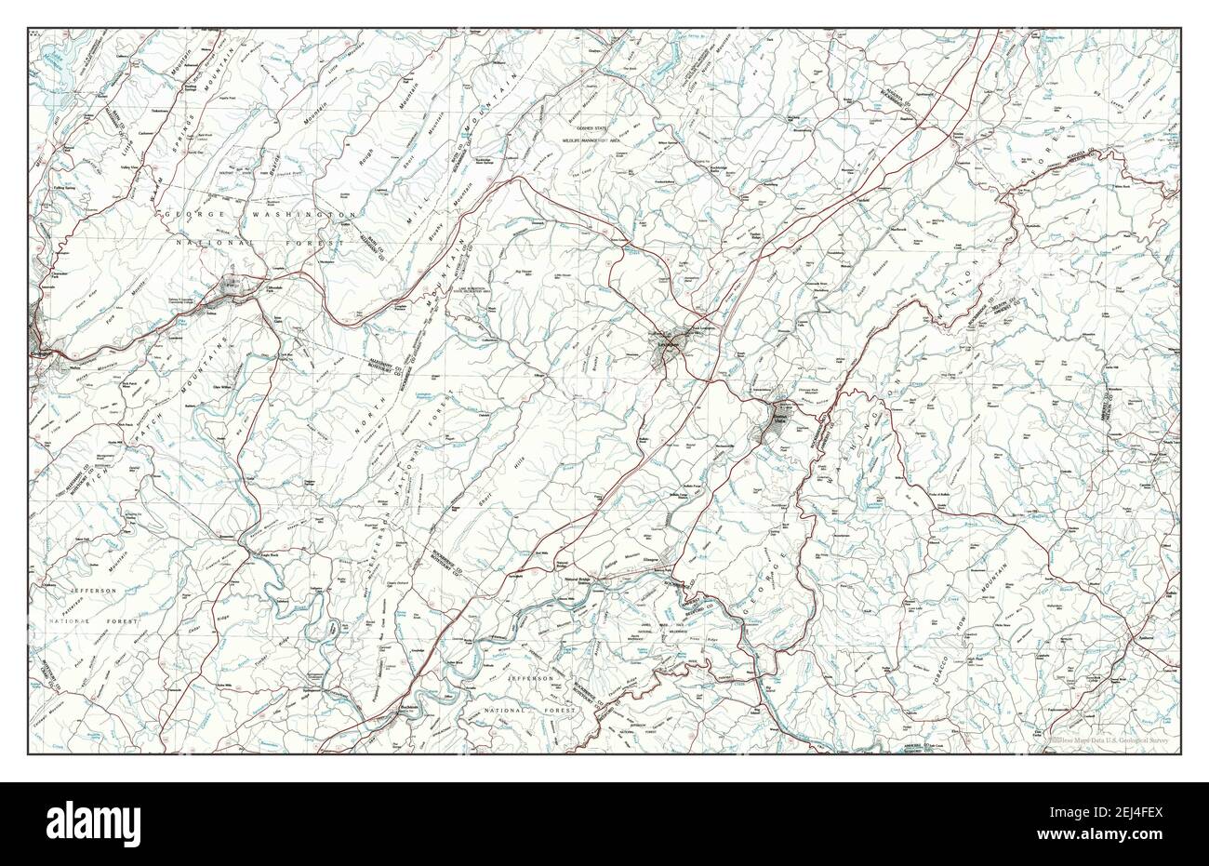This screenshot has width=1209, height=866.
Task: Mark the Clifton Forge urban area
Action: point(232,289)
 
